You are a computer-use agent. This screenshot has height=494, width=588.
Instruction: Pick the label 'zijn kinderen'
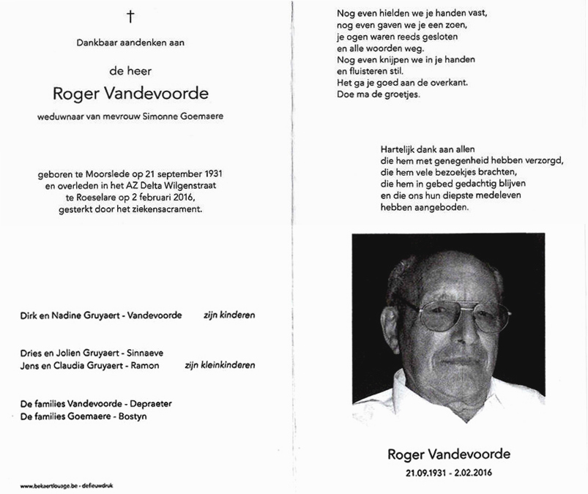(x=229, y=315)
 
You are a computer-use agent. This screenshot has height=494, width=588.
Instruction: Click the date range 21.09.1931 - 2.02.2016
(x=449, y=474)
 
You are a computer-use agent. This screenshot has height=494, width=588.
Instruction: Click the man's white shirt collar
(x=410, y=395)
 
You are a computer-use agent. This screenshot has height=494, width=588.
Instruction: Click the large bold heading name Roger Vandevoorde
(x=130, y=93)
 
